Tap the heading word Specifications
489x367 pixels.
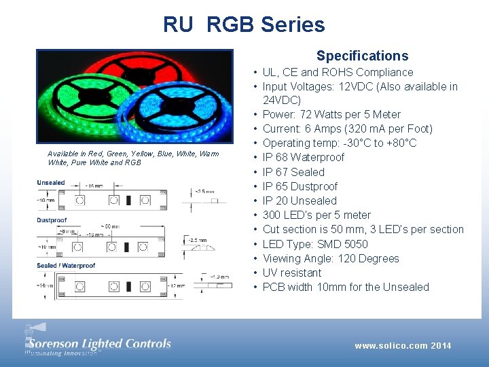[x=362, y=56]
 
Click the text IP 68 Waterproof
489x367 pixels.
[x=303, y=157]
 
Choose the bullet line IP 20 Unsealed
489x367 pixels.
[x=300, y=200]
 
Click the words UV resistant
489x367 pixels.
[x=292, y=273]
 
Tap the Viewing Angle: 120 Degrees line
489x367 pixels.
[x=331, y=258]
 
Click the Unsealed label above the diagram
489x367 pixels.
[x=51, y=182]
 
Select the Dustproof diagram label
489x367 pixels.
[x=53, y=220]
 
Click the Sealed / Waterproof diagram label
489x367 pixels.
[x=66, y=266]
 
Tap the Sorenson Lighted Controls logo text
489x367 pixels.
[x=98, y=344]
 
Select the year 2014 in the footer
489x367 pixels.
[x=441, y=346]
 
